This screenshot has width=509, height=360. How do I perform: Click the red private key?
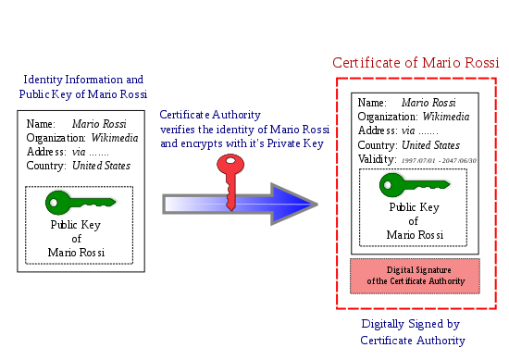coord(230,181)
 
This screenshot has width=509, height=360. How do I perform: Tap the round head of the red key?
coord(230,165)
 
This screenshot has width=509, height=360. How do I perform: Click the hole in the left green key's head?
coord(54,202)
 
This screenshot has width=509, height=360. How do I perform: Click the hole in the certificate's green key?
coord(388,184)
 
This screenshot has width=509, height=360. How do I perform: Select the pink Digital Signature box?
coord(415,276)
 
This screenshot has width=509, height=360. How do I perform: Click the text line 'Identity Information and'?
coord(83,81)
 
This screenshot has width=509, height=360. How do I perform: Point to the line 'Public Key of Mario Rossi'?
coord(83,95)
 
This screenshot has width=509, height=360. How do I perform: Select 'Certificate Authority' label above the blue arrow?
coord(210,116)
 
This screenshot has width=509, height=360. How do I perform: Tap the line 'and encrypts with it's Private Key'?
coord(242,144)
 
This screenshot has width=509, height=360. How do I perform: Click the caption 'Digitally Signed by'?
coord(411,324)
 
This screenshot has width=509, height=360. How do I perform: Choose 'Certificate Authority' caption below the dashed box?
coord(413,341)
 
